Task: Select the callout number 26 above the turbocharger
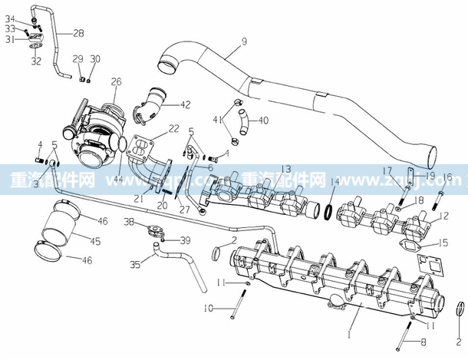coord(116,82)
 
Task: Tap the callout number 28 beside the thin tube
coord(80,32)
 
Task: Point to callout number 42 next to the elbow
coord(186,104)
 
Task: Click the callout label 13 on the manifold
coord(263,169)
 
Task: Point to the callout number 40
coord(263,120)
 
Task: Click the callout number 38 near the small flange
coord(129,222)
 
